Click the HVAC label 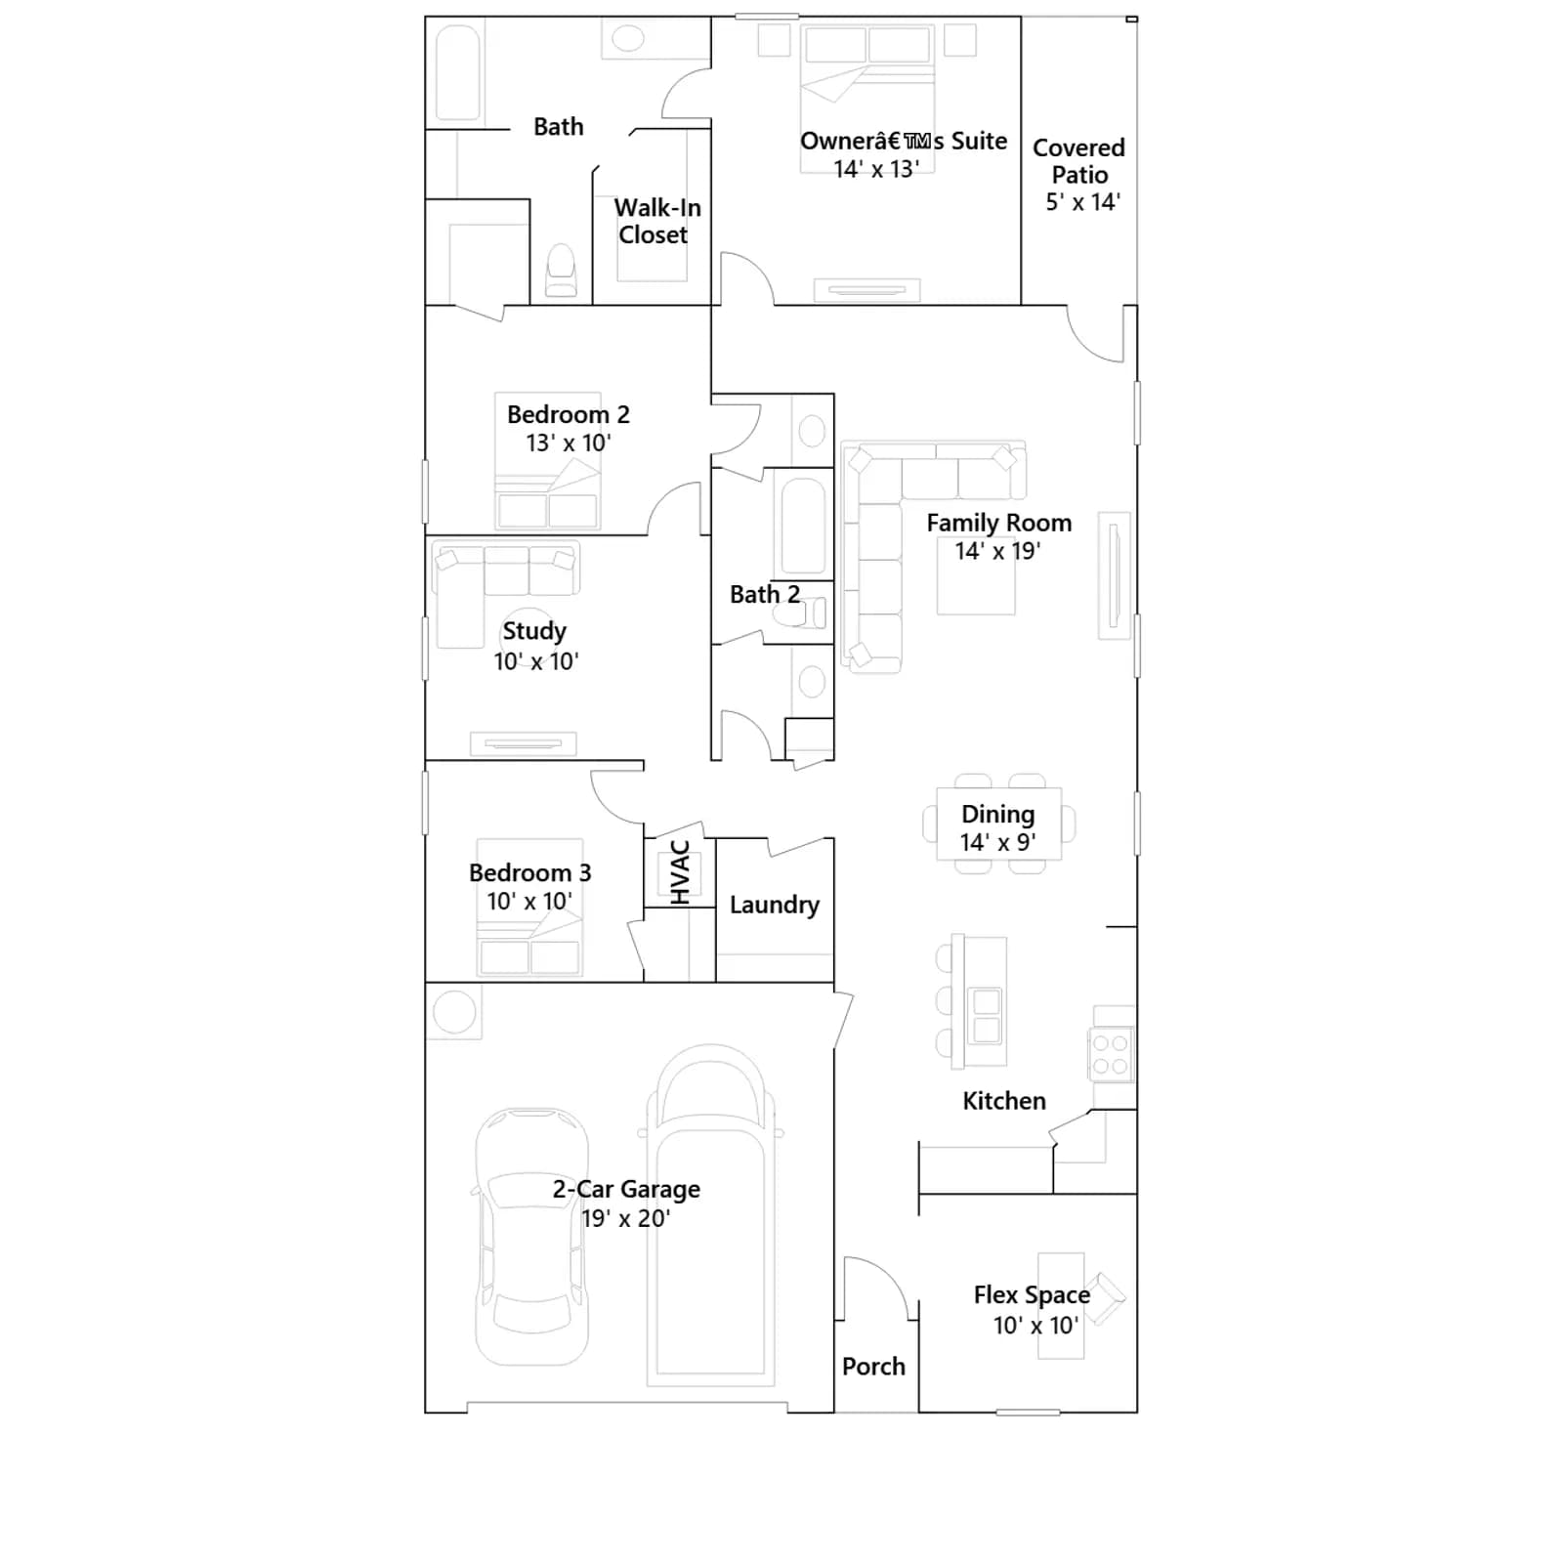[x=681, y=872]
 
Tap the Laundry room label [x=775, y=906]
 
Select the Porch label [x=873, y=1367]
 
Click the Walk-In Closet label [x=656, y=221]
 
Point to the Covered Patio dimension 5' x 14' [x=1082, y=202]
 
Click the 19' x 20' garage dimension [x=625, y=1218]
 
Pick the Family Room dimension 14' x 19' [x=997, y=551]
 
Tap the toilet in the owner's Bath [x=561, y=271]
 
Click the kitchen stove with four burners [x=1111, y=1054]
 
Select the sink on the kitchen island [x=987, y=1015]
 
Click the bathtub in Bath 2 [x=803, y=526]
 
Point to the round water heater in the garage [x=454, y=1011]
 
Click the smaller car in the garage [x=531, y=1236]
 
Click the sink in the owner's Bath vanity [x=628, y=39]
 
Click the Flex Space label [x=1032, y=1295]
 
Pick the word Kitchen [x=1004, y=1101]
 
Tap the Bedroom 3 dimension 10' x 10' [x=529, y=901]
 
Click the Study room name [x=534, y=632]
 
